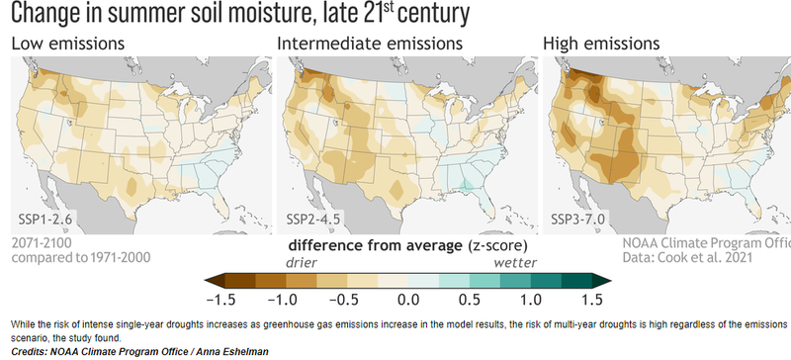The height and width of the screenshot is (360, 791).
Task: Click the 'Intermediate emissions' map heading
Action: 369,45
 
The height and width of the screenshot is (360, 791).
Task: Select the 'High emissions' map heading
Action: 602,45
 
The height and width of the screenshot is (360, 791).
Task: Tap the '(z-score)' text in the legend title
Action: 491,243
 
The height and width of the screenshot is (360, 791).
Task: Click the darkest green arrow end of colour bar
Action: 603,282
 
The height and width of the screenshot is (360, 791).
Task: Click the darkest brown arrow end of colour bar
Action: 209,282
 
